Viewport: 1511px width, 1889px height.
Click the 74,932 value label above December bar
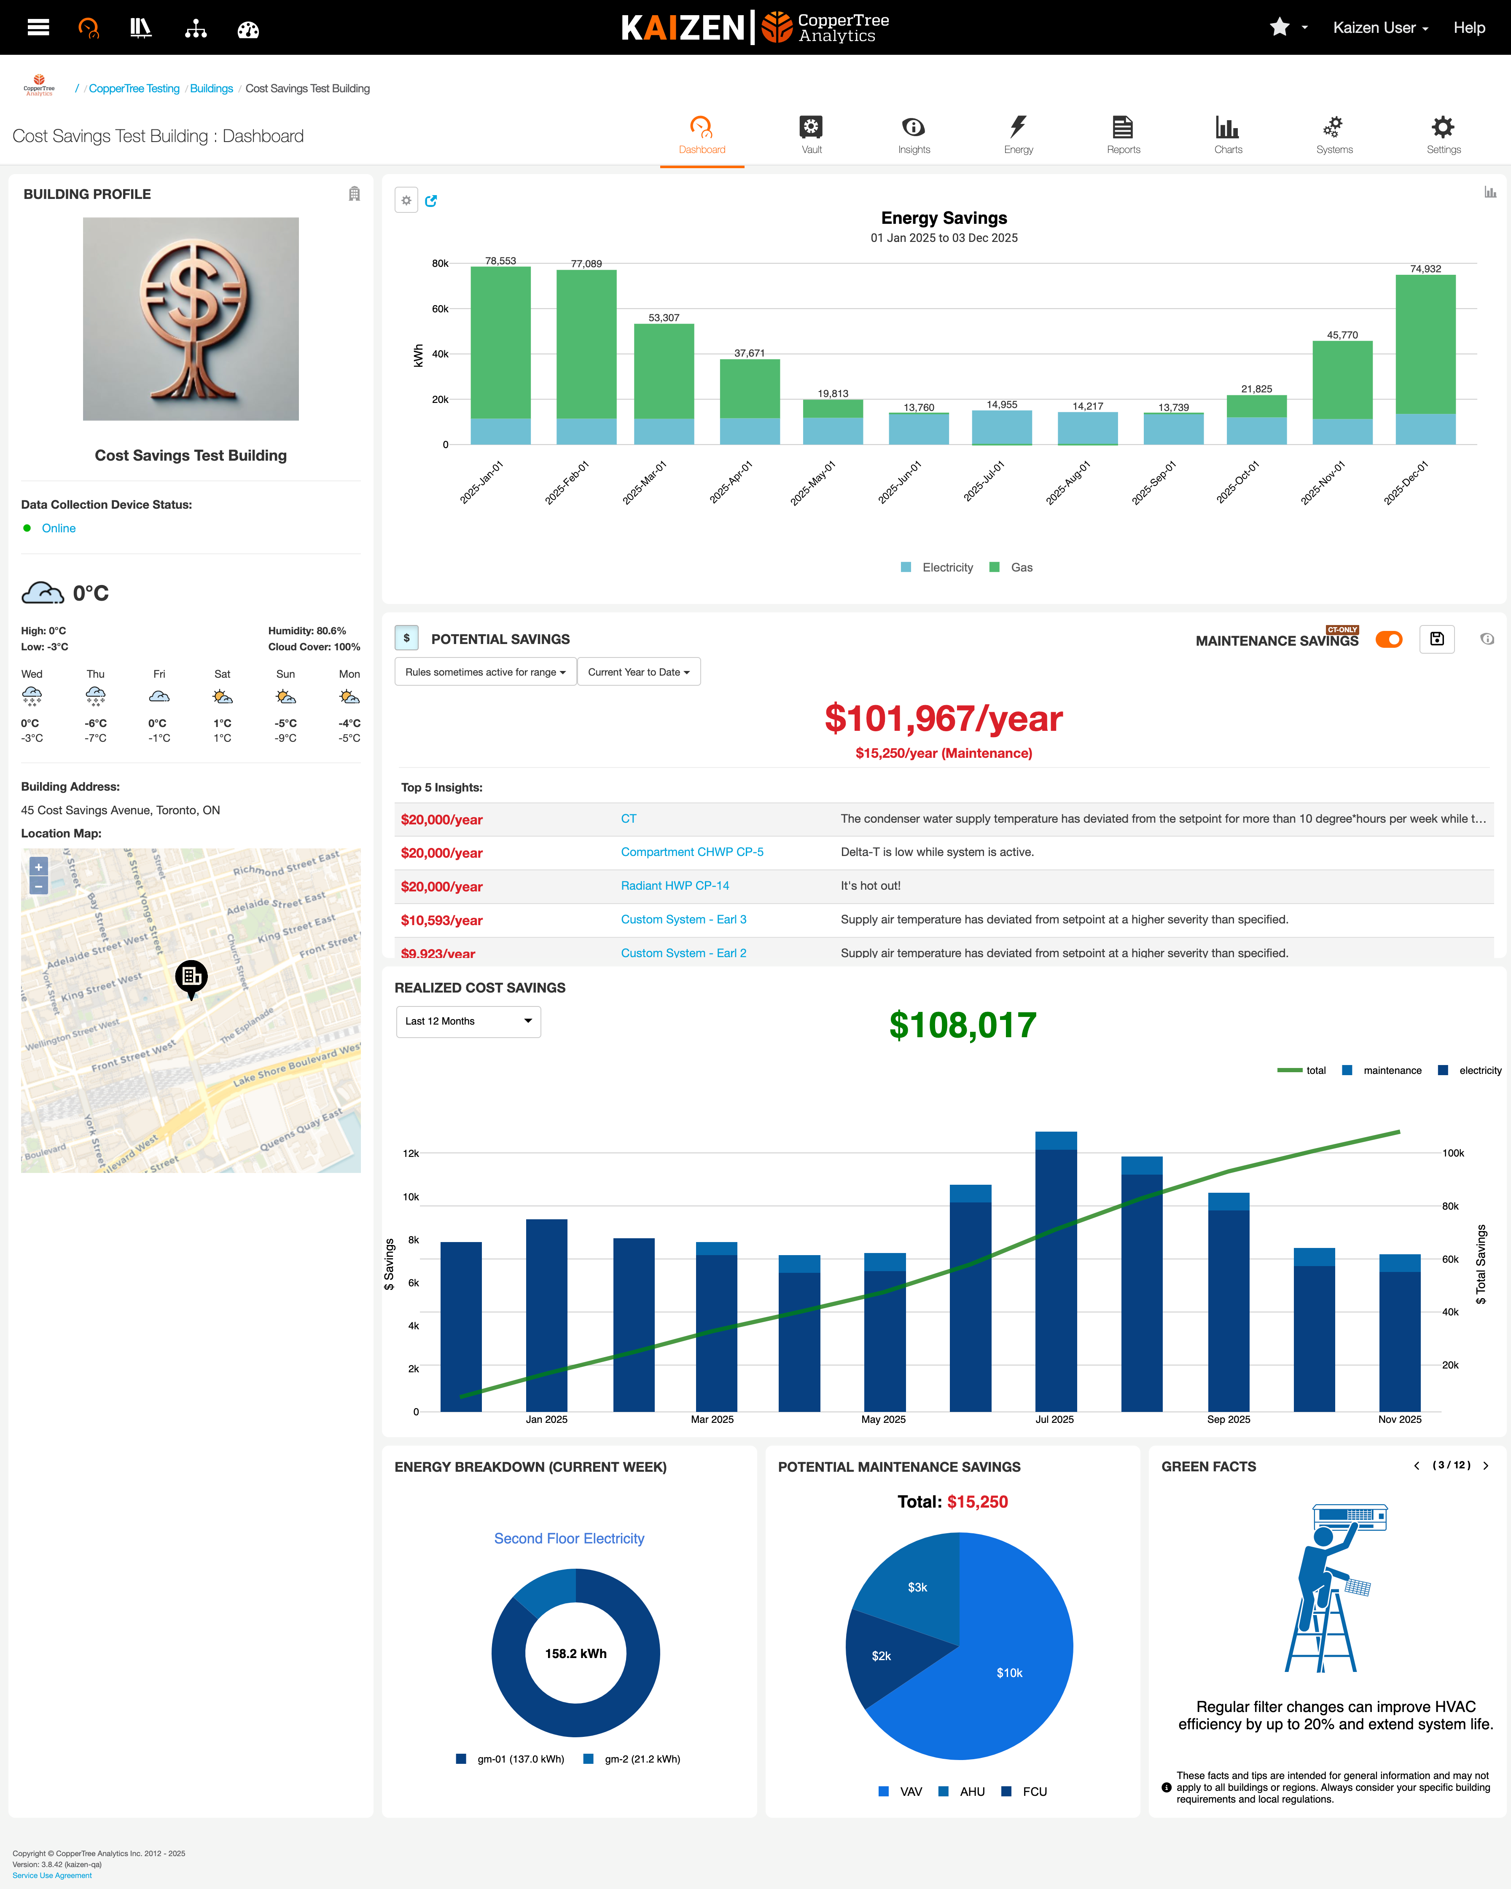[x=1425, y=269]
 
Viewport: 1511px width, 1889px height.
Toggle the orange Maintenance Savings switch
[x=1388, y=640]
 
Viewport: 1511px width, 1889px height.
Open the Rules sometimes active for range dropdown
[x=485, y=672]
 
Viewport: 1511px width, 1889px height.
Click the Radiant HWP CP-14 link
[x=675, y=886]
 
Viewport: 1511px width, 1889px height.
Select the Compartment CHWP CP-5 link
[x=691, y=853]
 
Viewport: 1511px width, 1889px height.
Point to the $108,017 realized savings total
[x=963, y=1025]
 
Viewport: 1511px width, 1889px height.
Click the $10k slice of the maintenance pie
[x=1009, y=1673]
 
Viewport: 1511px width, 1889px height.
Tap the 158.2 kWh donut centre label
[x=576, y=1653]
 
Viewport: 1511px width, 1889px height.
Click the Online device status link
[x=59, y=529]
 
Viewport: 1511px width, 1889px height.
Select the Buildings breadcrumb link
[x=211, y=89]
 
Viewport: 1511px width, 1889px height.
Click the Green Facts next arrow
[x=1486, y=1466]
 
